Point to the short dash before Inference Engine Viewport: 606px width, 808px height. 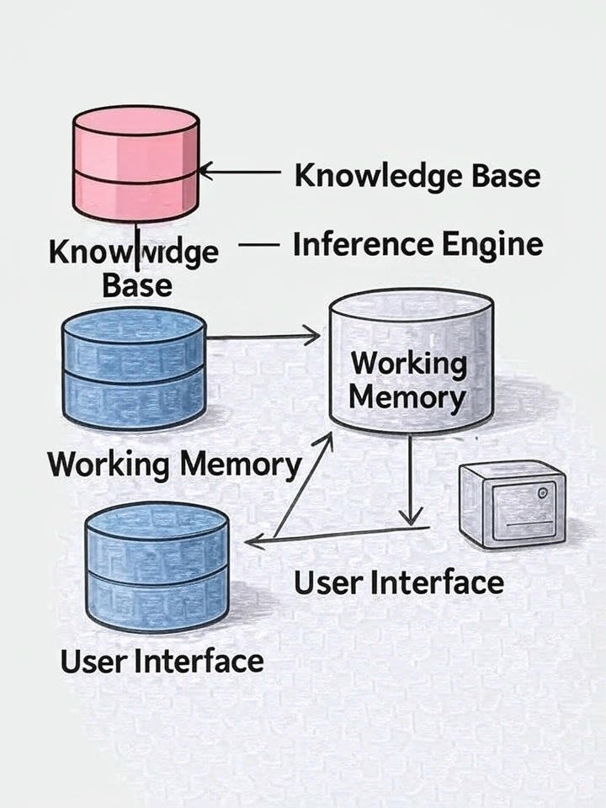click(258, 246)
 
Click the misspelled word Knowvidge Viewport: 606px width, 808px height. click(133, 252)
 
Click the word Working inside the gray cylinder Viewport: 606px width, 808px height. click(408, 364)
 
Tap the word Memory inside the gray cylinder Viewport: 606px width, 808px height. click(407, 396)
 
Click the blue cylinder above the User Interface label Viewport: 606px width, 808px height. click(157, 566)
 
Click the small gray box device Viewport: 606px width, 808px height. click(511, 504)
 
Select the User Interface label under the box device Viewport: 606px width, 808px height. click(398, 582)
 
